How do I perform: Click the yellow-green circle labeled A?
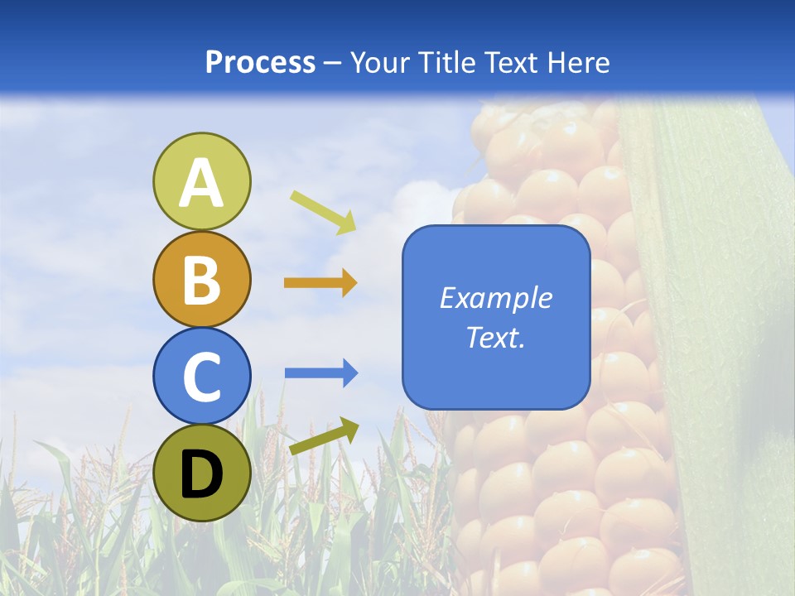tap(201, 181)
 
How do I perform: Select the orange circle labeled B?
tap(201, 279)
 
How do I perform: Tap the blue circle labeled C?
tap(201, 376)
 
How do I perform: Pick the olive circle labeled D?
tap(201, 473)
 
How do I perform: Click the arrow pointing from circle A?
tap(323, 212)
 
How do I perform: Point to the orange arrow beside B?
tap(320, 283)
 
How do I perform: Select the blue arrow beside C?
tap(321, 373)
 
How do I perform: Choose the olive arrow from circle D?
tap(324, 436)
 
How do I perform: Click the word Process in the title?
tap(260, 62)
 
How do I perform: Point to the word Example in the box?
tap(495, 298)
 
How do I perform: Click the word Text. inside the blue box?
tap(495, 337)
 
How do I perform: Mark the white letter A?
tap(201, 183)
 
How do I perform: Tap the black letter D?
tap(201, 474)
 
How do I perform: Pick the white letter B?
tap(201, 280)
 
